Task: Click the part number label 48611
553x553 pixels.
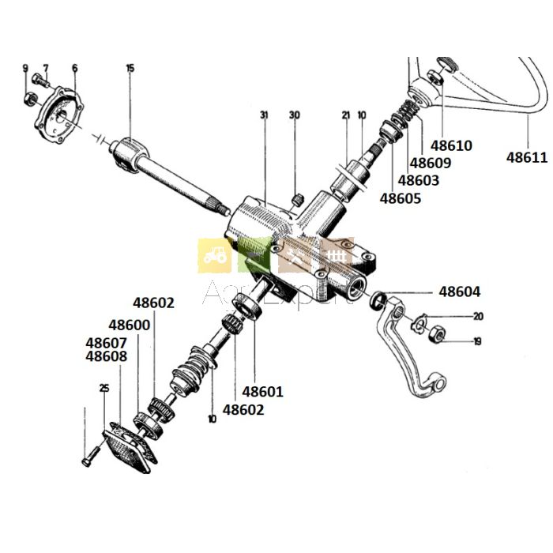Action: (x=526, y=158)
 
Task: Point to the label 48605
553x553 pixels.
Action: (x=401, y=198)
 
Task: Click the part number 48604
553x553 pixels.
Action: (x=459, y=292)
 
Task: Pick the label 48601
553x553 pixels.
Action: (x=262, y=391)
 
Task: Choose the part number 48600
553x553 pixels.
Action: (x=129, y=325)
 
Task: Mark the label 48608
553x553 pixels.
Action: (x=105, y=356)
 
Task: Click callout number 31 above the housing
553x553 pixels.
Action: (x=264, y=115)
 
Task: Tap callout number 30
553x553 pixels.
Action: (x=295, y=115)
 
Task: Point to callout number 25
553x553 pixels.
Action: (x=104, y=388)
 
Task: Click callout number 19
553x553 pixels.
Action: (x=477, y=342)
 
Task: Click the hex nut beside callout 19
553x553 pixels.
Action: (x=434, y=336)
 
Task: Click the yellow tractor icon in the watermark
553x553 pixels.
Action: (x=214, y=256)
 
